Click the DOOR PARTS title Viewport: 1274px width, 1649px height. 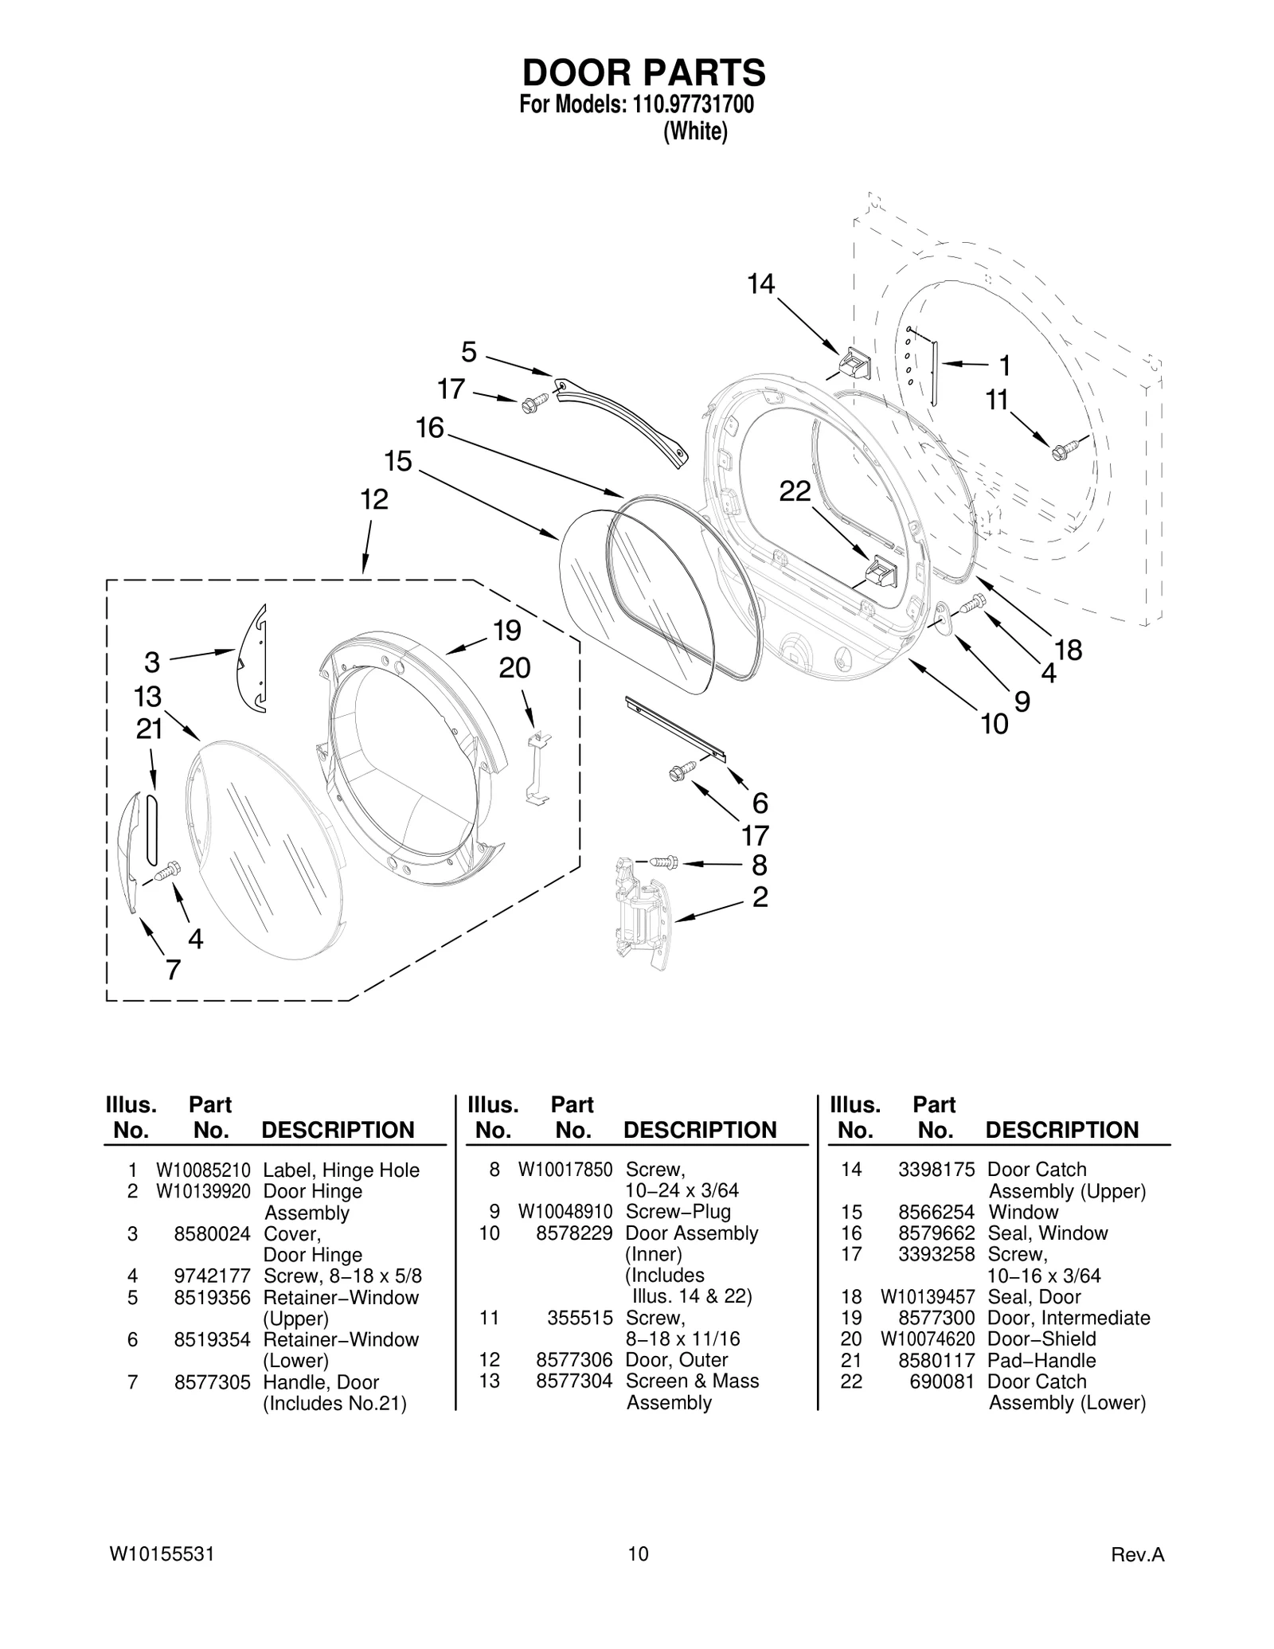click(643, 72)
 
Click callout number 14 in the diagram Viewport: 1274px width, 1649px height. click(760, 284)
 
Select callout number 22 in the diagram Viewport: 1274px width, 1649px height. click(794, 492)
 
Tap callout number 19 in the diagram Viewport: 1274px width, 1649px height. click(506, 631)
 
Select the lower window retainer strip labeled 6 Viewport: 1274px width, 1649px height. click(675, 728)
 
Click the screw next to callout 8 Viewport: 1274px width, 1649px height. click(662, 862)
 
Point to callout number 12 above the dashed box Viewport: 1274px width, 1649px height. click(373, 500)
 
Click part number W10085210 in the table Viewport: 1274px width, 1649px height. click(203, 1170)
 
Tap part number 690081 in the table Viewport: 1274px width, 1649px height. click(942, 1381)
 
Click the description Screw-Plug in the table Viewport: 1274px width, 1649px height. click(678, 1212)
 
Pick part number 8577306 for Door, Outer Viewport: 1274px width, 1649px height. click(574, 1360)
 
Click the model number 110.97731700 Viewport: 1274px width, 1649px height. click(693, 105)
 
